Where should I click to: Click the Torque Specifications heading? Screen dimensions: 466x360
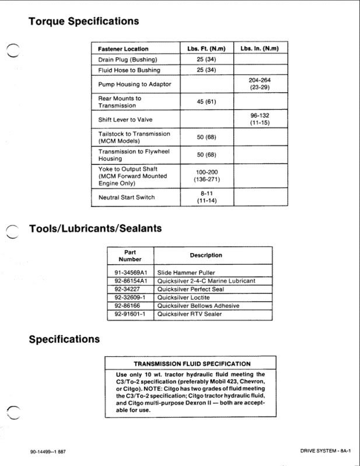coord(84,22)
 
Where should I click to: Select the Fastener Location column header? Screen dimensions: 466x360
coord(123,49)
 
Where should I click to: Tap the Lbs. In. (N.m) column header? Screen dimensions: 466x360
coord(260,49)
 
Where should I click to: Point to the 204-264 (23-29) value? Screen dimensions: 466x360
coord(260,84)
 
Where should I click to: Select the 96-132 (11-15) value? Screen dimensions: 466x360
coord(260,119)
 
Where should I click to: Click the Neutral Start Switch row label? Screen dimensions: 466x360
coord(127,197)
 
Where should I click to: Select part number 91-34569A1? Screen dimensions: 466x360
coord(130,272)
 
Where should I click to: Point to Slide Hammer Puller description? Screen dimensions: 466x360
coord(186,272)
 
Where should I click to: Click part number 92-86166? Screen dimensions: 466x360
coord(130,306)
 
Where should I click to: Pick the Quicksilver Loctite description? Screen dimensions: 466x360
coord(184,297)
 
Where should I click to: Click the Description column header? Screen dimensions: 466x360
coord(206,255)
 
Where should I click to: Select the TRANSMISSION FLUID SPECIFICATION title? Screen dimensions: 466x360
coord(192,364)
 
